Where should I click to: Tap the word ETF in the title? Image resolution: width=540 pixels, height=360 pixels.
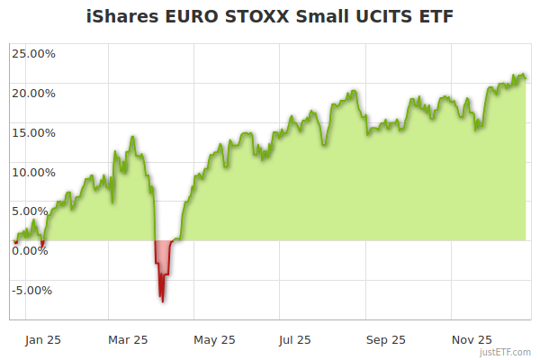click(x=433, y=17)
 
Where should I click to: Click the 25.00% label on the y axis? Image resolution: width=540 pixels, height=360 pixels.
click(x=33, y=53)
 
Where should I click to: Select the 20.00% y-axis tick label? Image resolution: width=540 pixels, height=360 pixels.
click(x=33, y=93)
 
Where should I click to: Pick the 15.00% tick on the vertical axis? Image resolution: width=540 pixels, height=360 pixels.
click(x=33, y=132)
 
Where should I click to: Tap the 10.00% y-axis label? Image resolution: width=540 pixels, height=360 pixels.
click(x=33, y=172)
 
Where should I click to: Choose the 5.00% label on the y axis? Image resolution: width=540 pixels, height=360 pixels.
click(x=36, y=211)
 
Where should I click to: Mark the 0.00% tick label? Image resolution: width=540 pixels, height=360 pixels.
click(x=36, y=251)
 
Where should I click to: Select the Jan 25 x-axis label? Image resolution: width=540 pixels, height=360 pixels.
click(x=42, y=340)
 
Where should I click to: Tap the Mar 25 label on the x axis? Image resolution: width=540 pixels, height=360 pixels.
click(x=128, y=340)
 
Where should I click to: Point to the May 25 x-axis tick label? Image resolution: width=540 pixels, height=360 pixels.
click(x=214, y=340)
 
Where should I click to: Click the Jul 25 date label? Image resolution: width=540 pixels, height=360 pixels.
click(x=294, y=340)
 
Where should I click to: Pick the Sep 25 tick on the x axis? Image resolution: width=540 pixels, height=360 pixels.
click(x=386, y=340)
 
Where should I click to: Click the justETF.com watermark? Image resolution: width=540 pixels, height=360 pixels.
click(x=506, y=353)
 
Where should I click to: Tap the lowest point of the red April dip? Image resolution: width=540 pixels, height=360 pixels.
click(x=163, y=301)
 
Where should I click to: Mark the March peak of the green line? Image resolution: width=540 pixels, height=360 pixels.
click(x=132, y=137)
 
